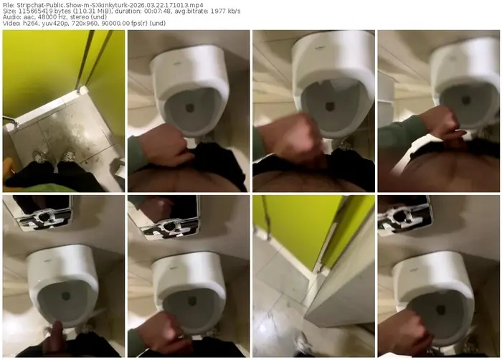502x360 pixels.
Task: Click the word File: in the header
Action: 9,5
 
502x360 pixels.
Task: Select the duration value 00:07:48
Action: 152,11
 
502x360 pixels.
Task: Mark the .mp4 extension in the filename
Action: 197,5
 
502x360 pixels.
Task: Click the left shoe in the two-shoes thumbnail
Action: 41,156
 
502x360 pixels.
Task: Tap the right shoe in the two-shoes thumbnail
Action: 68,155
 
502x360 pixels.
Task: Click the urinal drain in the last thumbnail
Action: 441,310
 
